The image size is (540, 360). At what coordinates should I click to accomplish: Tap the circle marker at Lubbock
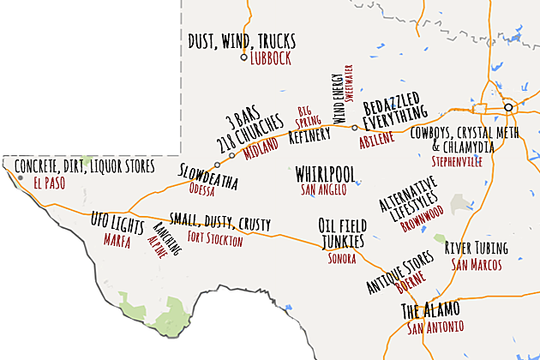pyautogui.click(x=243, y=58)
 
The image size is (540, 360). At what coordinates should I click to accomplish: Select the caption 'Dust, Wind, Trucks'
pyautogui.click(x=242, y=40)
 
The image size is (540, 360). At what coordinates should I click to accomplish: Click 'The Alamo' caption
pyautogui.click(x=430, y=309)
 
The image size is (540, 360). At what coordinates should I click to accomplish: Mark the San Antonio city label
pyautogui.click(x=435, y=327)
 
